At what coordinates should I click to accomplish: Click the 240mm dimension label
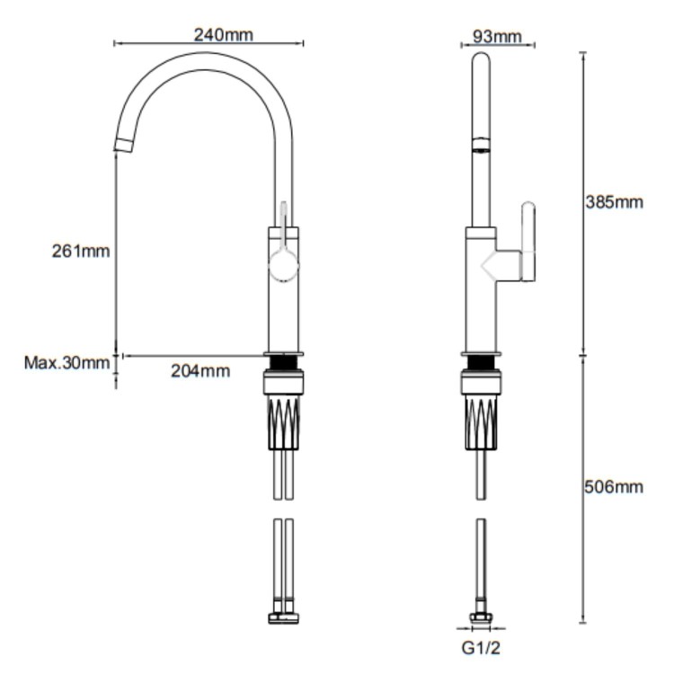pos(224,35)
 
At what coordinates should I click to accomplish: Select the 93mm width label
pos(497,36)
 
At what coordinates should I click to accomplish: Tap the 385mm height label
pos(614,202)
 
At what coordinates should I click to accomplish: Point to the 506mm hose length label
pos(614,487)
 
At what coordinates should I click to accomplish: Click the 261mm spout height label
pos(80,251)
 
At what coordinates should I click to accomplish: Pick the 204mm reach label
pos(200,370)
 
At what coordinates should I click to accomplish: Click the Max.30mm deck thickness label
pos(67,363)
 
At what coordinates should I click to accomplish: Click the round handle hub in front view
pos(283,266)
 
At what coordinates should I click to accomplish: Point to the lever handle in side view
pos(528,241)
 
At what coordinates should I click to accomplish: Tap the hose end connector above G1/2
pos(483,618)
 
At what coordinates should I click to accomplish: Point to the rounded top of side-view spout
pos(482,59)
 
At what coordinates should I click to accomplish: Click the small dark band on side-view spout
pos(482,144)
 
